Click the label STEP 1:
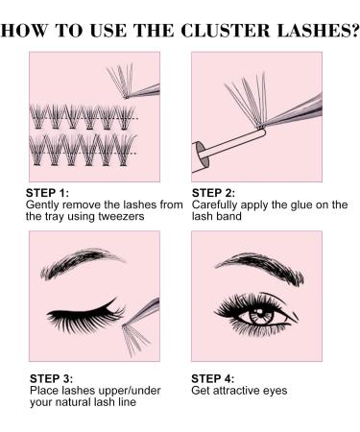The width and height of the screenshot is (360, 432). [46, 196]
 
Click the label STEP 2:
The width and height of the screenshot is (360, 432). [213, 196]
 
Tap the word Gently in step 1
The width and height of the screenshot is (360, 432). [45, 206]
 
